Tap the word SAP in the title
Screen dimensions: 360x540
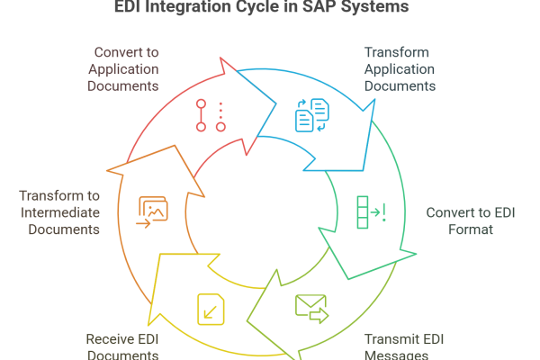(325, 7)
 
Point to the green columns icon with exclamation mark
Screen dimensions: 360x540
(370, 213)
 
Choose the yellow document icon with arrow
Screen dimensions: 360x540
(208, 309)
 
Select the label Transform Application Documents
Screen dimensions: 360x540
(400, 68)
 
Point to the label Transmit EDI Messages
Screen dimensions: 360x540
(404, 347)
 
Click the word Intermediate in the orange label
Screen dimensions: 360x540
(58, 212)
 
